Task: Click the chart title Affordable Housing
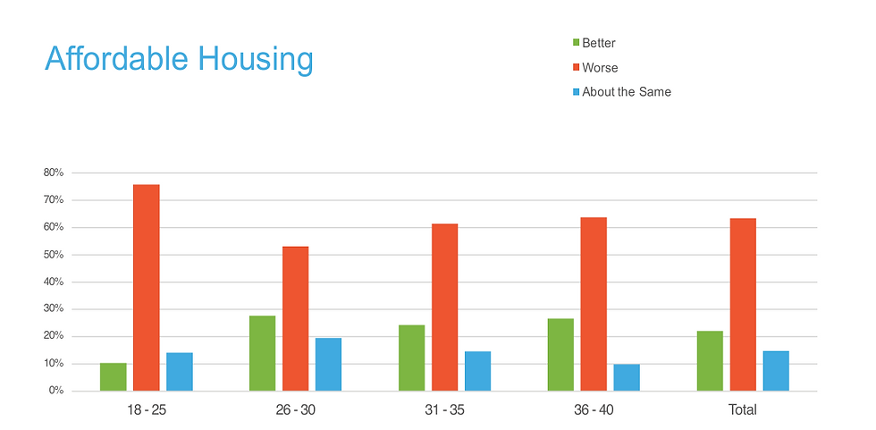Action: (179, 60)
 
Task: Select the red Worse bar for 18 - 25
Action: (147, 288)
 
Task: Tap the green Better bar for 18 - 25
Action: (114, 377)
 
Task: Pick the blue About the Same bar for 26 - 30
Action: (329, 365)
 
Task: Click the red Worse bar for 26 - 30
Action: (296, 319)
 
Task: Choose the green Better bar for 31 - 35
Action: (412, 358)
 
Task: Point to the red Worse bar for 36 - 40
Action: (594, 304)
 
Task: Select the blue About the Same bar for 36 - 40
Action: (627, 377)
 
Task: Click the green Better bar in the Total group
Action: (710, 361)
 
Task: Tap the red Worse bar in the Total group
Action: (743, 305)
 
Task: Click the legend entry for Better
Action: (598, 43)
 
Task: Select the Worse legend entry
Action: (599, 67)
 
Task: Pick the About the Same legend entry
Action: (625, 92)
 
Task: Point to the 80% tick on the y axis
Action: (55, 173)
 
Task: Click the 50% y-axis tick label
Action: (55, 255)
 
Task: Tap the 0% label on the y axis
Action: (57, 392)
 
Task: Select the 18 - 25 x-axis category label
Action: (147, 410)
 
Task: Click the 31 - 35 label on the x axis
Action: (444, 410)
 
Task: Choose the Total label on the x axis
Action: (743, 410)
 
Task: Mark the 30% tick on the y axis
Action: (55, 309)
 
